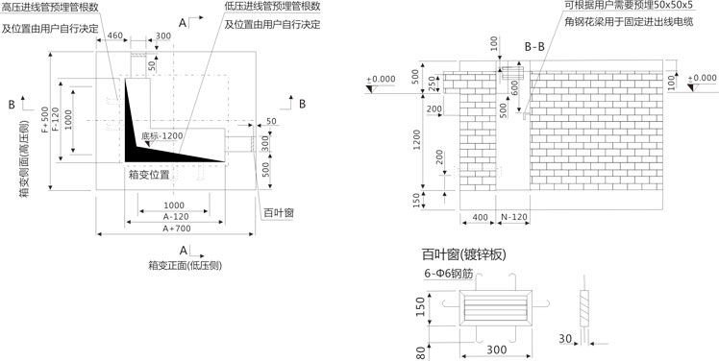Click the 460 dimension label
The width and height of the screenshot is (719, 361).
114,36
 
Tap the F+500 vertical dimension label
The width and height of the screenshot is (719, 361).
44,120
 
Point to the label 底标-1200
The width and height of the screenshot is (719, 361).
162,135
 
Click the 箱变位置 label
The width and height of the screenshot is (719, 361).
150,175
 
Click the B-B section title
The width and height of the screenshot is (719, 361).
534,47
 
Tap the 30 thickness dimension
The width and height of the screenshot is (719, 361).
565,339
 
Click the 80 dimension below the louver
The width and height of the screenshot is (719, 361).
419,352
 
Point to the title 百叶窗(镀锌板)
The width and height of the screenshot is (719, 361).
464,254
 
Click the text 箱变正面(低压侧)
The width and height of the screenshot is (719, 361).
186,265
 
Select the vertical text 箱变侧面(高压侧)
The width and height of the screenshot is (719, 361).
24,158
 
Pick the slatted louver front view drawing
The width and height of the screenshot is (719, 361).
496,308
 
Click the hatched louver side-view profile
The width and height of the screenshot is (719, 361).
583,308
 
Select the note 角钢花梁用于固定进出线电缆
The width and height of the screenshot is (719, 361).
629,21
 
